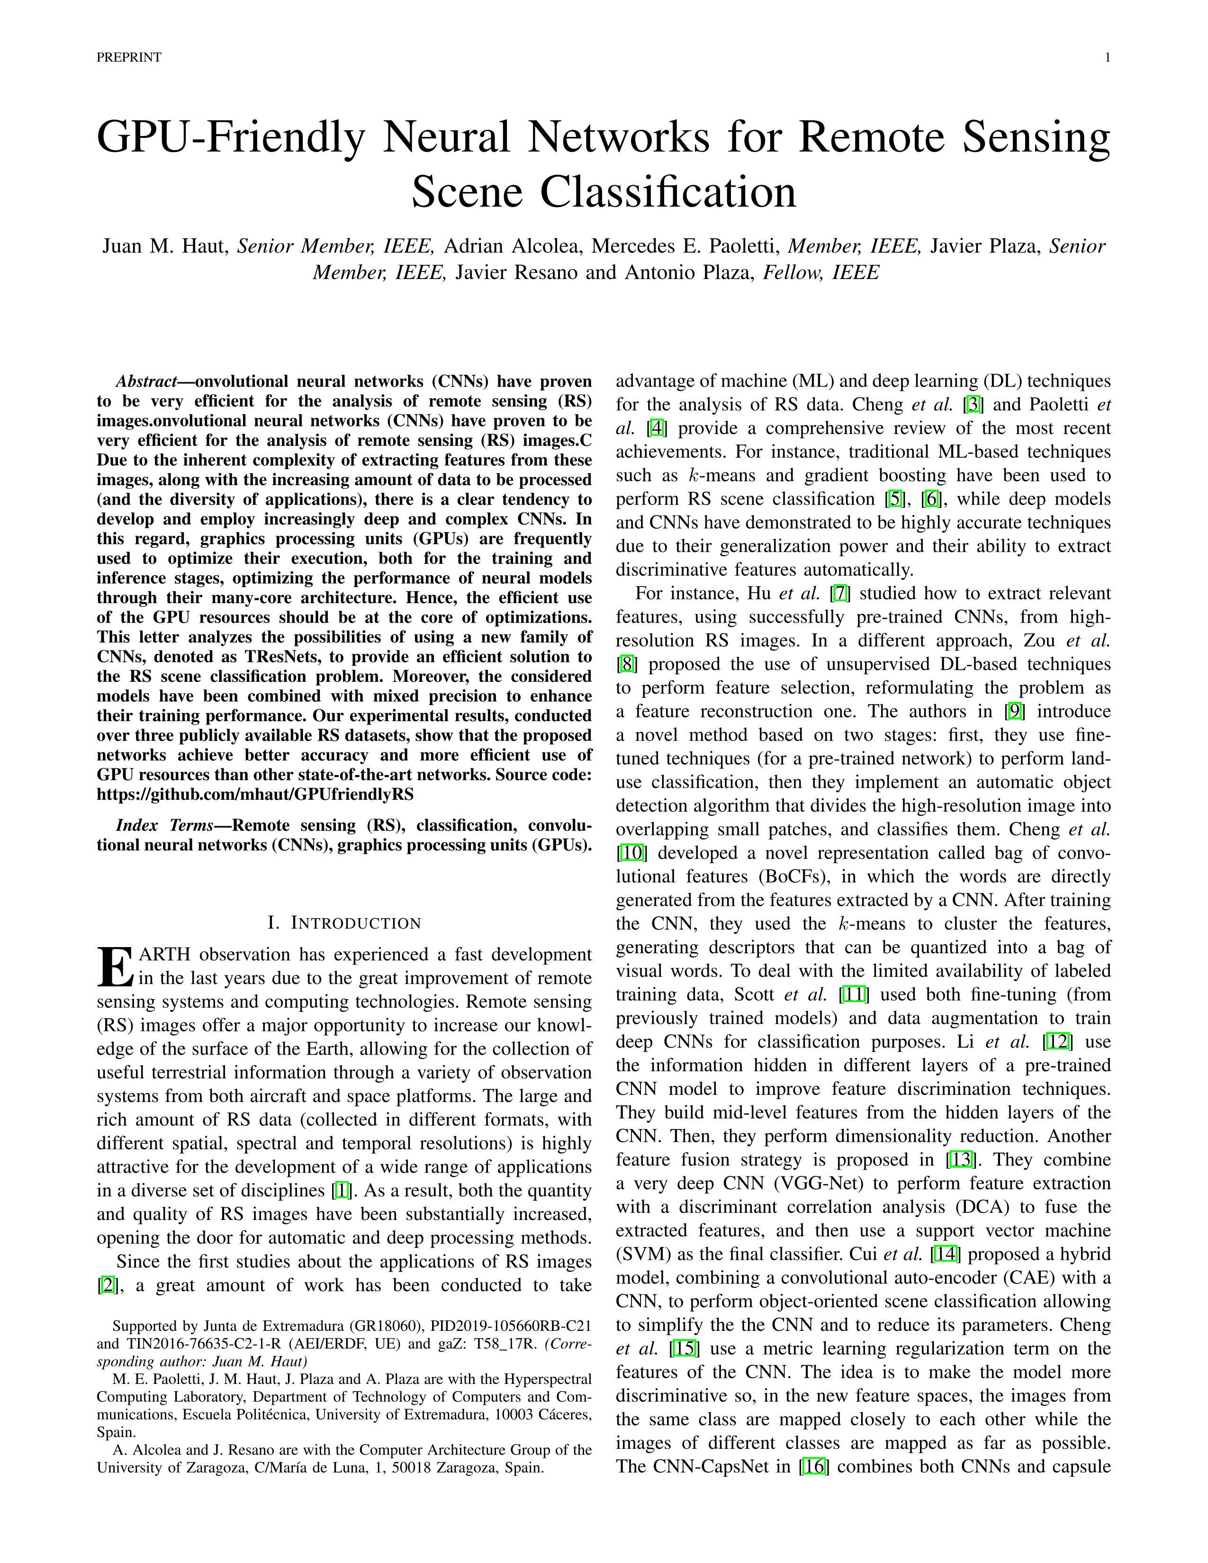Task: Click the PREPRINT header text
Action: pos(129,58)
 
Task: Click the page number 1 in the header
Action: pos(1107,58)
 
